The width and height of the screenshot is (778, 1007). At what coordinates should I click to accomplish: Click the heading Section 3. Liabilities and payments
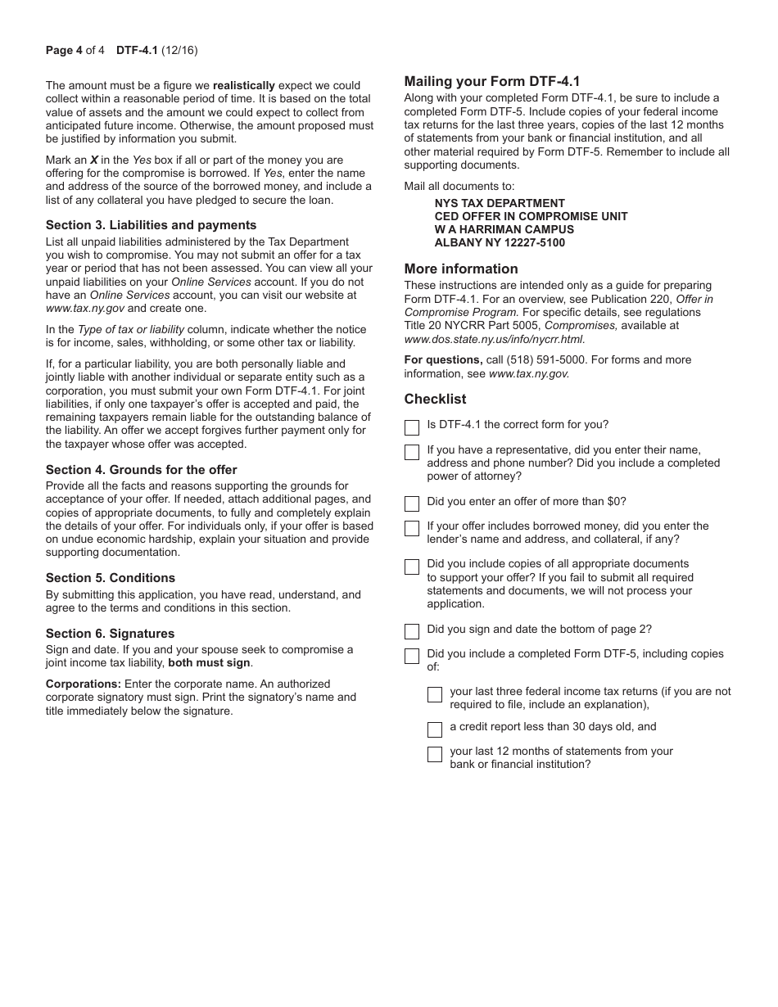[151, 225]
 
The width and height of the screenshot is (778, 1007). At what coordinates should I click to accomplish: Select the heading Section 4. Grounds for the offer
[141, 470]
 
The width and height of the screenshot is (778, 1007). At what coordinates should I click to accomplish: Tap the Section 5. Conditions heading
[111, 578]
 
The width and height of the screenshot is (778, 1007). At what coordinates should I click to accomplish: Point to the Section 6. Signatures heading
[110, 634]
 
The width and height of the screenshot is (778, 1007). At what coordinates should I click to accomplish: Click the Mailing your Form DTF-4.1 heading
[492, 81]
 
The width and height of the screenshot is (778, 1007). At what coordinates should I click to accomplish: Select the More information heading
[461, 269]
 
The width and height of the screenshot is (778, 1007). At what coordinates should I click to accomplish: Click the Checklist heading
[435, 399]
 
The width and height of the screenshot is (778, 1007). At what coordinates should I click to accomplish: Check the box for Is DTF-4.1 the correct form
[412, 427]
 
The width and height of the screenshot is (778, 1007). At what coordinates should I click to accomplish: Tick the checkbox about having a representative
[412, 452]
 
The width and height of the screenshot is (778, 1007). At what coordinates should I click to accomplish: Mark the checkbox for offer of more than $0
[412, 503]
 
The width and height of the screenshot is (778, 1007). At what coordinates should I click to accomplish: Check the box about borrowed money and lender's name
[412, 528]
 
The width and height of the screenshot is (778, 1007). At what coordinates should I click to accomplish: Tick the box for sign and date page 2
[412, 631]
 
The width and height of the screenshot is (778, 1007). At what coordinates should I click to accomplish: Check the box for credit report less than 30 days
[435, 729]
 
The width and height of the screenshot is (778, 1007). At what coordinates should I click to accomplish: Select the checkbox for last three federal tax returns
[435, 694]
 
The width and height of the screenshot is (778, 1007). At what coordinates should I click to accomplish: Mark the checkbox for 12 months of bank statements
[435, 754]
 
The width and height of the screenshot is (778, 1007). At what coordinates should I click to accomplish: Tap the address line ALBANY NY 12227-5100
[500, 243]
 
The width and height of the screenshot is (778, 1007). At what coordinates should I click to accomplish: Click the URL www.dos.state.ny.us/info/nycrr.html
[494, 339]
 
